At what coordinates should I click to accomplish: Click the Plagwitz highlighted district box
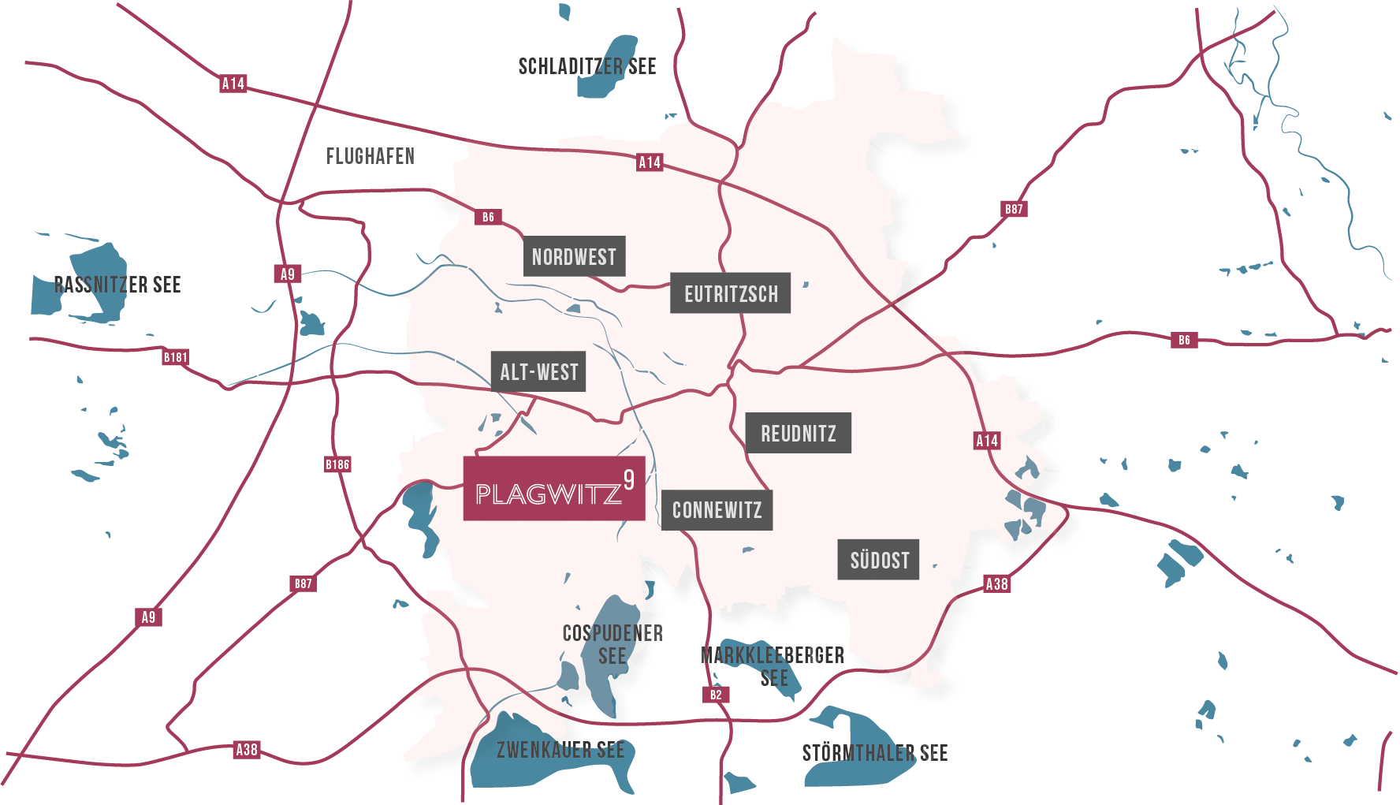pyautogui.click(x=553, y=489)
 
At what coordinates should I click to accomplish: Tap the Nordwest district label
pyautogui.click(x=574, y=256)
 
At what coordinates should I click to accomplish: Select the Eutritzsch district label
pyautogui.click(x=730, y=294)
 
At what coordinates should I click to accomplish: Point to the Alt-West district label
pyautogui.click(x=538, y=371)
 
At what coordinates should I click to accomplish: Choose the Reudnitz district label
pyautogui.click(x=798, y=433)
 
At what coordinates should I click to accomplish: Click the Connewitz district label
pyautogui.click(x=717, y=510)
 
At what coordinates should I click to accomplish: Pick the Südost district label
pyautogui.click(x=878, y=560)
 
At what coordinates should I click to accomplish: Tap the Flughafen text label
pyautogui.click(x=370, y=156)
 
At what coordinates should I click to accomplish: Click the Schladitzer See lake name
pyautogui.click(x=587, y=66)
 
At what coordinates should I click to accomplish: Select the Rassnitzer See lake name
pyautogui.click(x=117, y=285)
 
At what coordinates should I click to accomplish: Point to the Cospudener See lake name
pyautogui.click(x=612, y=644)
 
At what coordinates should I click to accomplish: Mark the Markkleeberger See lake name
pyautogui.click(x=773, y=666)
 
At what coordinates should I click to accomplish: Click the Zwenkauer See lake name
pyautogui.click(x=560, y=750)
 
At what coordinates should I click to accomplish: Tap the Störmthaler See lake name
pyautogui.click(x=875, y=753)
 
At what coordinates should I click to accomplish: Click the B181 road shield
pyautogui.click(x=176, y=357)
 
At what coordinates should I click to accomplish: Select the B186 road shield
pyautogui.click(x=337, y=464)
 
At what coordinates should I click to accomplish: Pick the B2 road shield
pyautogui.click(x=716, y=695)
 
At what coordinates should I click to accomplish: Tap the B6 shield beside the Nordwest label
pyautogui.click(x=488, y=217)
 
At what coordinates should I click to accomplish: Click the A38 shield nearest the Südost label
pyautogui.click(x=997, y=584)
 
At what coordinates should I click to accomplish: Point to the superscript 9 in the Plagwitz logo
pyautogui.click(x=628, y=479)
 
